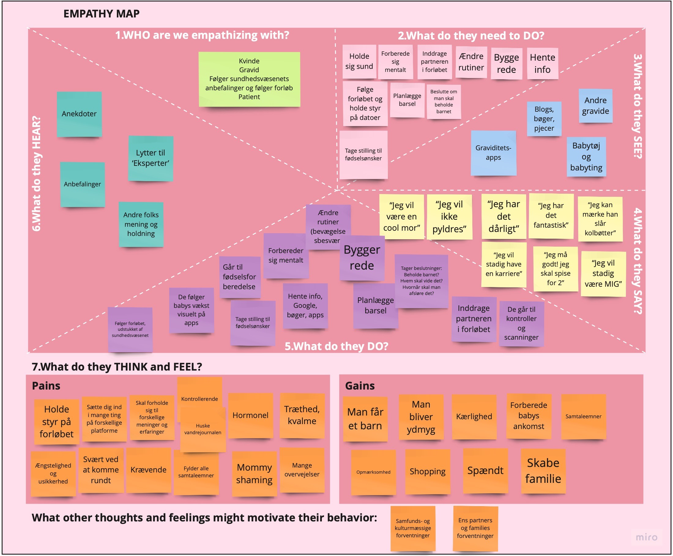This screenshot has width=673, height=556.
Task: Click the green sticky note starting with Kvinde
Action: (249, 79)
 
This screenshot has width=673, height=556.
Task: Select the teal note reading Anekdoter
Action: (79, 114)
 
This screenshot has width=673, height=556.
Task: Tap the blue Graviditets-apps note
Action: (493, 153)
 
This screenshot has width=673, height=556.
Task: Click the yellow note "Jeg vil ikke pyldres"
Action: (449, 217)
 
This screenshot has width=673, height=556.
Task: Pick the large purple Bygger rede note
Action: (362, 258)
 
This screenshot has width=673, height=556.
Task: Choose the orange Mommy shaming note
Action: (254, 473)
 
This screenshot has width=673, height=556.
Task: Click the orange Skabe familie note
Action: (543, 471)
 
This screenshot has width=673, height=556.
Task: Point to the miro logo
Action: (646, 537)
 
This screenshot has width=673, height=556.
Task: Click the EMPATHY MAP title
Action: (101, 14)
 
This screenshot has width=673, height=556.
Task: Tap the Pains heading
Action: (46, 386)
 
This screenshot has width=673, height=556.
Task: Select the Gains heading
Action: (359, 386)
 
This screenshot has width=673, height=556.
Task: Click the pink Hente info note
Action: (542, 63)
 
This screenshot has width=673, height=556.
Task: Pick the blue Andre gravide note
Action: (595, 106)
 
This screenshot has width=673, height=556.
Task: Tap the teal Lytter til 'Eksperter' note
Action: (151, 158)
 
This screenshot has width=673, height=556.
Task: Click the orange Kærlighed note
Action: (474, 416)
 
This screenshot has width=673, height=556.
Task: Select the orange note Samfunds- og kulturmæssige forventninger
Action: (413, 528)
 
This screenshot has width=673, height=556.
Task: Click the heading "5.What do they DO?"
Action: (336, 346)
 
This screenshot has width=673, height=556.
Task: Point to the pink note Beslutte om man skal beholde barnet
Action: (444, 102)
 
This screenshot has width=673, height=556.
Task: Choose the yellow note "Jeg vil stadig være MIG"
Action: (603, 274)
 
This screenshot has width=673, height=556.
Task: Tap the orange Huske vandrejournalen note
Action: (203, 429)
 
